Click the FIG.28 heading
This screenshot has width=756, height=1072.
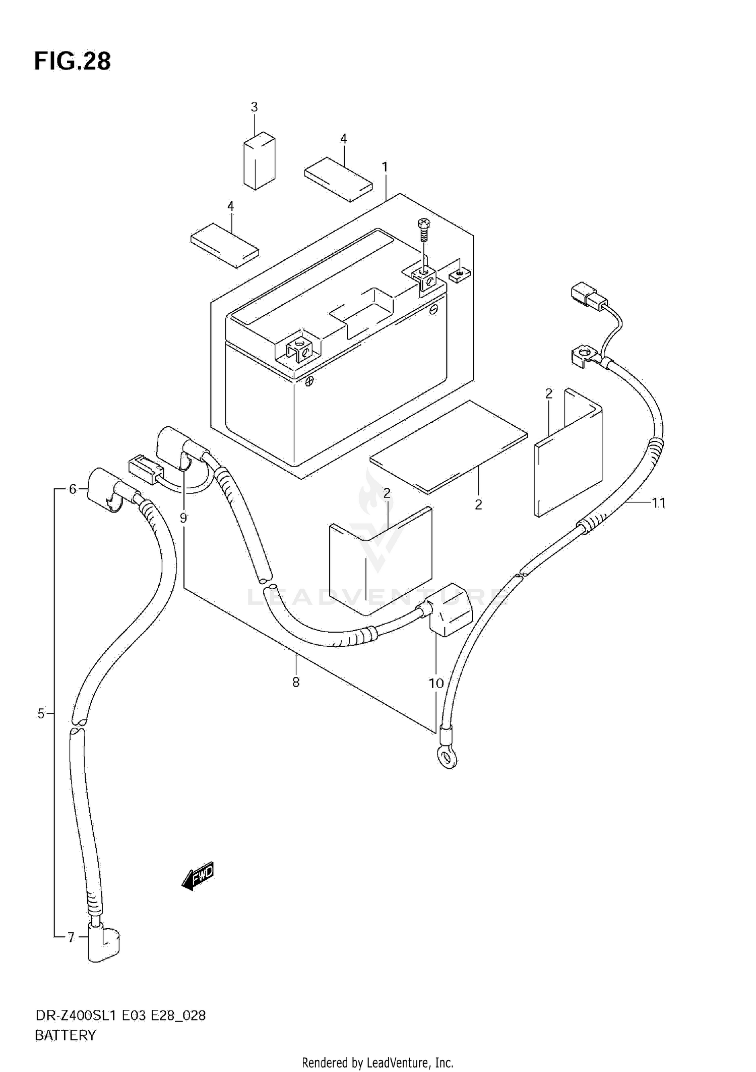coord(72,62)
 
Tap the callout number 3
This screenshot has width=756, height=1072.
coord(254,107)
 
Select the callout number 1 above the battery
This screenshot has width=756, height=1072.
coord(385,166)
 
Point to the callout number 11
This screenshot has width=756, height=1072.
coord(659,503)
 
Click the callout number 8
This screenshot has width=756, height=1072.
coord(296,682)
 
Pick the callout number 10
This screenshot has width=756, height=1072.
coord(436,683)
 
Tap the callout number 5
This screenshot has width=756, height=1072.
coord(41,713)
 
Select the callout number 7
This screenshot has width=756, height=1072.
coord(71,937)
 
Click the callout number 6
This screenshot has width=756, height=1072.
coord(73,489)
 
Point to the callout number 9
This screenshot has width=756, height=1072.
coord(183,518)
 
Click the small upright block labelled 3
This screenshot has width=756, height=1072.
coord(260,161)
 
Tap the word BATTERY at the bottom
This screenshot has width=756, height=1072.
coord(65,1036)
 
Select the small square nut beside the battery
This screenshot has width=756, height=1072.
coord(459,275)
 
